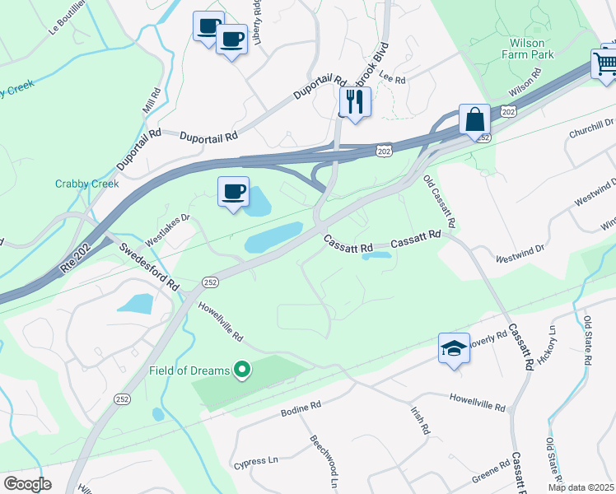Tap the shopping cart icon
(x=604, y=63)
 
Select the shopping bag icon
(x=475, y=119)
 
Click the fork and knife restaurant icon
(x=355, y=102)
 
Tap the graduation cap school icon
(x=454, y=348)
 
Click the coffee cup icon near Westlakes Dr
(x=233, y=192)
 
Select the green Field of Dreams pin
(x=241, y=371)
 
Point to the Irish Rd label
(x=420, y=419)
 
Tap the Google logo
(x=27, y=484)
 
